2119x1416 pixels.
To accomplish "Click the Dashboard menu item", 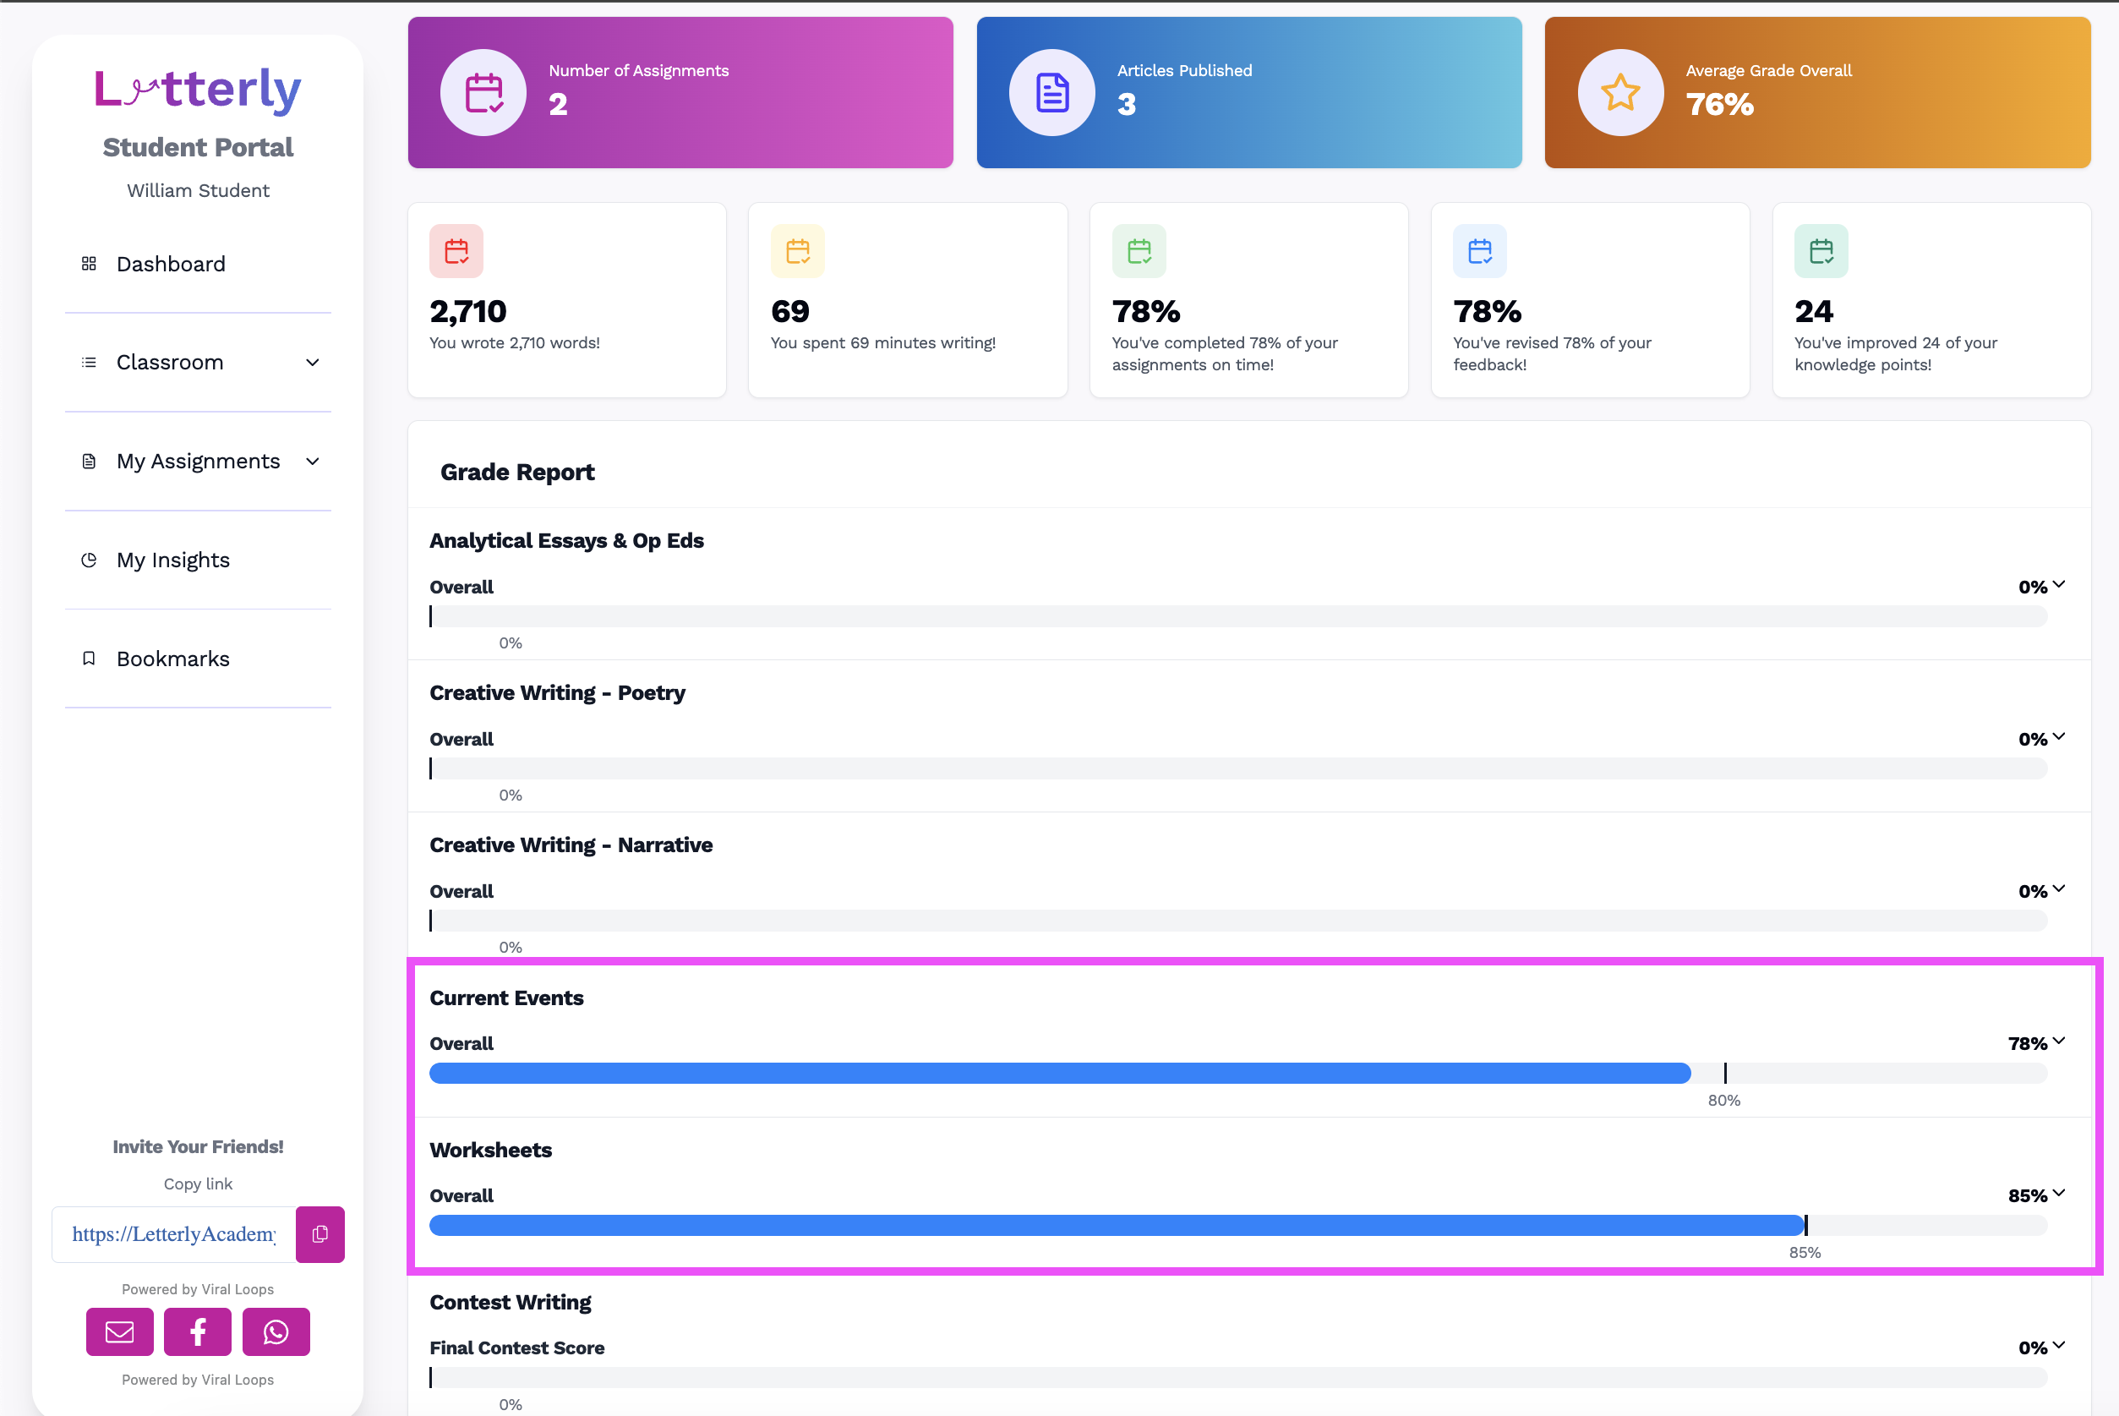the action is point(171,264).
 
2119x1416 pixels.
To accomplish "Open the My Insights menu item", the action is point(172,560).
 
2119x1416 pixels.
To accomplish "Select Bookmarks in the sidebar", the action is point(172,659).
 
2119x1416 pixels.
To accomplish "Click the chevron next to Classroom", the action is point(313,362).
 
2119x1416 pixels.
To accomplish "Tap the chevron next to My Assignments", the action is point(313,462).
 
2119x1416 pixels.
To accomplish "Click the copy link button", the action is point(319,1233).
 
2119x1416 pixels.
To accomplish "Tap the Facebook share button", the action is point(198,1331).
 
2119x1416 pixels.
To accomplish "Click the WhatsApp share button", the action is point(276,1331).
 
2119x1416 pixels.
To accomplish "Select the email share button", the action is point(120,1331).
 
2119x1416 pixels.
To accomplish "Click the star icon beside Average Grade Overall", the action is point(1620,92).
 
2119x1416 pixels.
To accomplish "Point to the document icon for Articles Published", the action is point(1051,93).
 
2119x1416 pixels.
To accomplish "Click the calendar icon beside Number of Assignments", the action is point(484,93).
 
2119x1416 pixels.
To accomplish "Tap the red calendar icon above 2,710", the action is point(456,251).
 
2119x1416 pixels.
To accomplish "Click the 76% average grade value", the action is point(1719,105).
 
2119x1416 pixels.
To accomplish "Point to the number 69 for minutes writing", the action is point(790,312).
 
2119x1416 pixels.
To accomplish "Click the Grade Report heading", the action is point(517,473).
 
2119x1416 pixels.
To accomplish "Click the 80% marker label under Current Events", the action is point(1723,1100).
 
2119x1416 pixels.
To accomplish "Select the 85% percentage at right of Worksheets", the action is point(2027,1195).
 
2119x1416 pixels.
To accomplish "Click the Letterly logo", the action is point(198,90).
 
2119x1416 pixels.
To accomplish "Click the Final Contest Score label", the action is point(517,1348).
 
